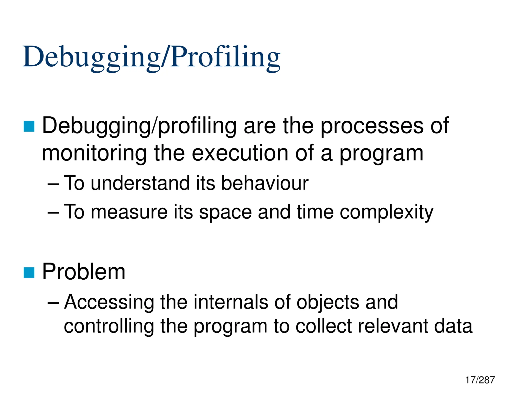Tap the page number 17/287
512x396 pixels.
coord(480,380)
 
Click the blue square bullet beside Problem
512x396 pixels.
coord(29,273)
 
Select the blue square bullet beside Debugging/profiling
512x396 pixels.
coord(29,126)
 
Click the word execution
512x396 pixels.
coord(240,153)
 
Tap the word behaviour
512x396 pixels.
coord(265,183)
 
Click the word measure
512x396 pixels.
coord(129,212)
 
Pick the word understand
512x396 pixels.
coord(140,183)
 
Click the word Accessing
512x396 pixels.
coord(109,302)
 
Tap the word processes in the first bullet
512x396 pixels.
coord(372,126)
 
